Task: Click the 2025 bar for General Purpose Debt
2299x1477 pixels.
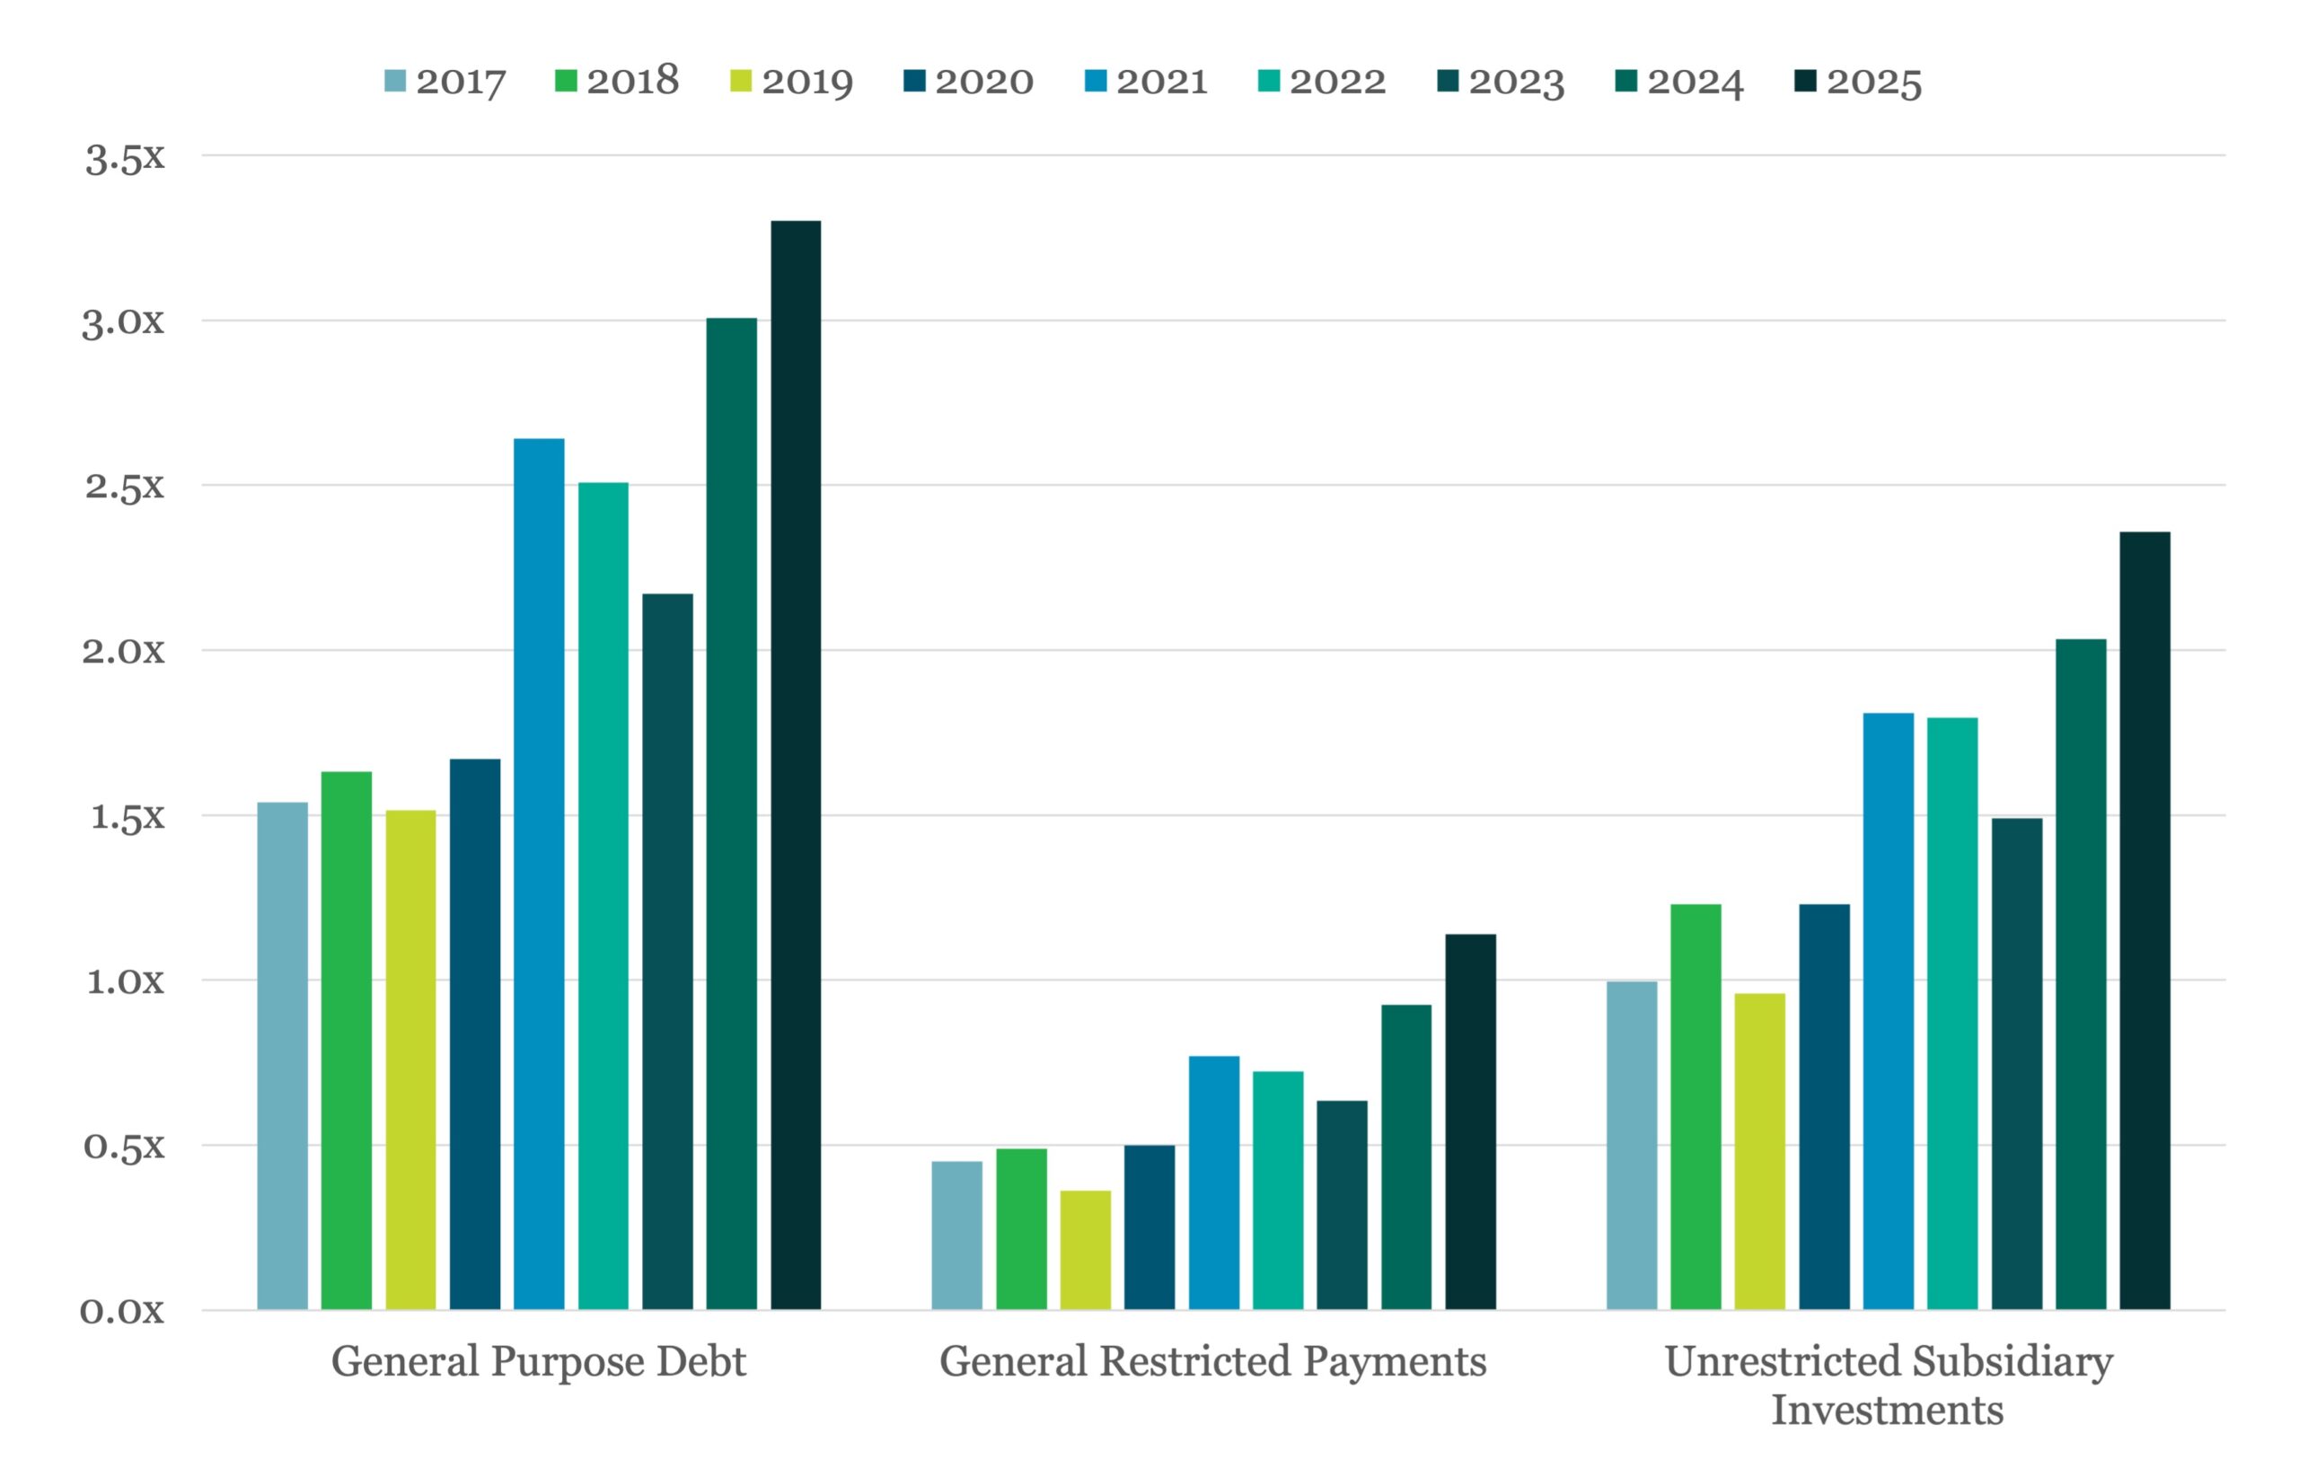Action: [x=795, y=764]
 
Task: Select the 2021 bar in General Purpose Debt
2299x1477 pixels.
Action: [x=539, y=874]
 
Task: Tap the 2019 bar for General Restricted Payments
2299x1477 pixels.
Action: [x=1085, y=1250]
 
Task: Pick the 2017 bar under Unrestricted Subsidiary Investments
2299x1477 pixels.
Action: [x=1632, y=1145]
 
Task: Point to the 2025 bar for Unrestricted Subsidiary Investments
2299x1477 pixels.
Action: [x=2145, y=920]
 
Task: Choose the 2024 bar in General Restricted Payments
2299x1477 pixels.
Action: [x=1406, y=1156]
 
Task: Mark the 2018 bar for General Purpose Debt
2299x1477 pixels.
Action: [x=347, y=1040]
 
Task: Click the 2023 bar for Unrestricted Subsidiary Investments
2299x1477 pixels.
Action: [x=2016, y=1064]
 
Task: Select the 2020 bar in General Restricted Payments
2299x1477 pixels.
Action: [x=1149, y=1226]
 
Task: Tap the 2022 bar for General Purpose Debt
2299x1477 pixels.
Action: [x=603, y=896]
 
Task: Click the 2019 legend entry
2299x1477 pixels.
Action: [x=791, y=82]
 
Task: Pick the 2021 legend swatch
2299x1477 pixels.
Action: [x=1096, y=81]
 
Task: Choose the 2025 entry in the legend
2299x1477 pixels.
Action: [x=1857, y=82]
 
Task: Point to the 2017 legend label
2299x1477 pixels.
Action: [x=461, y=82]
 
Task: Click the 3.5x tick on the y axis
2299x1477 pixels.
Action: [x=125, y=158]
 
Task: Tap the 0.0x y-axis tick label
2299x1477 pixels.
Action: [x=123, y=1310]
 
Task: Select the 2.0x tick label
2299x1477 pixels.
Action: [x=123, y=650]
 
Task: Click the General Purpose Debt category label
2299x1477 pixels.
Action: [x=538, y=1362]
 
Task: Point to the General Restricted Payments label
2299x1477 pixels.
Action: [x=1213, y=1362]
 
